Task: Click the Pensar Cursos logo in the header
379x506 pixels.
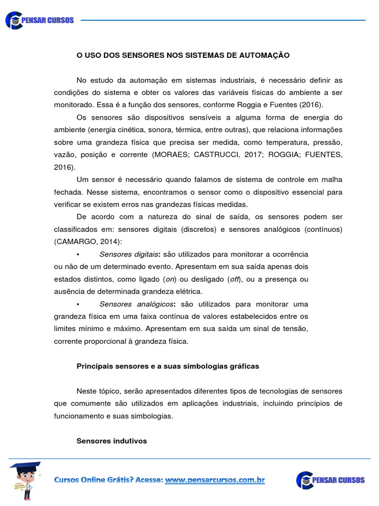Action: pyautogui.click(x=39, y=20)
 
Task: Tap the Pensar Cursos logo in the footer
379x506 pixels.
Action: pyautogui.click(x=330, y=480)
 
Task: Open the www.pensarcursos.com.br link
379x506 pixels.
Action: pyautogui.click(x=215, y=480)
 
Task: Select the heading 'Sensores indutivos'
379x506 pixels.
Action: pyautogui.click(x=112, y=441)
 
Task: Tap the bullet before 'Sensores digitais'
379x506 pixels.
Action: pyautogui.click(x=78, y=254)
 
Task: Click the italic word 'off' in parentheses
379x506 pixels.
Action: pyautogui.click(x=235, y=279)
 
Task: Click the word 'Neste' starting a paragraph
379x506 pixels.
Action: pyautogui.click(x=86, y=391)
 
